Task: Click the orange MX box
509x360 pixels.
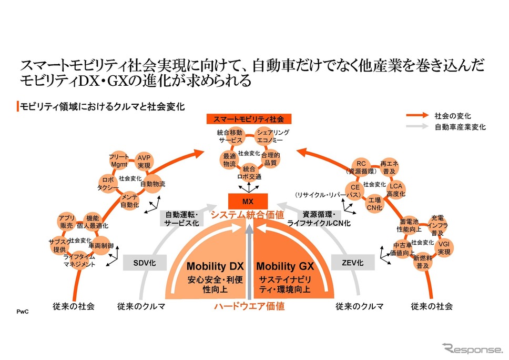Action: [248, 201]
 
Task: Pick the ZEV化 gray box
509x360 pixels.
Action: [353, 262]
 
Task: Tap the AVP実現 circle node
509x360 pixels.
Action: [143, 161]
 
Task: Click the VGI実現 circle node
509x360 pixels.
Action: [444, 248]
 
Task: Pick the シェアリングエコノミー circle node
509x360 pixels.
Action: [272, 136]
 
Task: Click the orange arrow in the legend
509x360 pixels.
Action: [418, 115]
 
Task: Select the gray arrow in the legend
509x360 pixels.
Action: [418, 127]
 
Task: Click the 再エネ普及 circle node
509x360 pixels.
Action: [389, 167]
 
